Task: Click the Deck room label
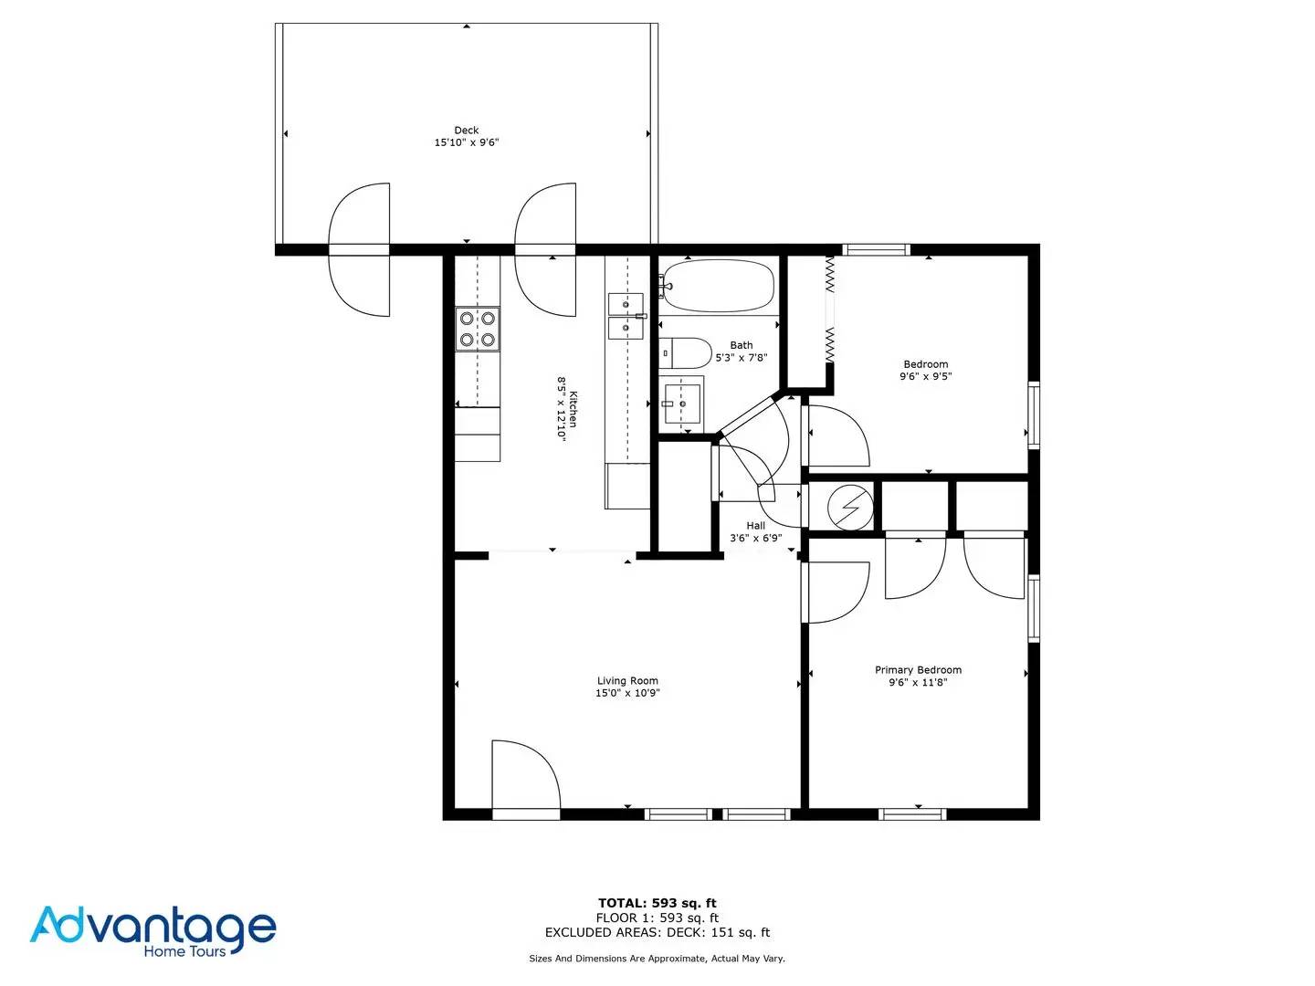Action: (x=466, y=130)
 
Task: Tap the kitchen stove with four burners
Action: (x=478, y=329)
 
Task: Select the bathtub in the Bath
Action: (x=718, y=286)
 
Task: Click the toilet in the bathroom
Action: (x=685, y=352)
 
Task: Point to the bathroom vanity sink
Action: (x=682, y=404)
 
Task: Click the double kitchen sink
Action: (x=626, y=316)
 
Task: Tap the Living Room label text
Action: (x=627, y=680)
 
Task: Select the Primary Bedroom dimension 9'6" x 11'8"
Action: (x=918, y=682)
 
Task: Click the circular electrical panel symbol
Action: (x=850, y=508)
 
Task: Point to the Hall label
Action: (x=755, y=525)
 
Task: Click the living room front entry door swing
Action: (x=526, y=774)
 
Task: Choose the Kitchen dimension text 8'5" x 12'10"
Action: (x=562, y=410)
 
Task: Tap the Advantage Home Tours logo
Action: (x=153, y=931)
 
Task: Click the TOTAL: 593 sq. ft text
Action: (x=657, y=903)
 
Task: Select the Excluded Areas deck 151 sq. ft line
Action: (x=657, y=932)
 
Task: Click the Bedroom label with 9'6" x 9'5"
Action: (x=926, y=370)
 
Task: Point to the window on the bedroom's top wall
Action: (x=876, y=249)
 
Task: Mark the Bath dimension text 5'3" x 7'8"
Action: (x=742, y=357)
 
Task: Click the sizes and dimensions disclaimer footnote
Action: (x=657, y=959)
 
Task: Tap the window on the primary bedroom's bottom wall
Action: (x=912, y=814)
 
